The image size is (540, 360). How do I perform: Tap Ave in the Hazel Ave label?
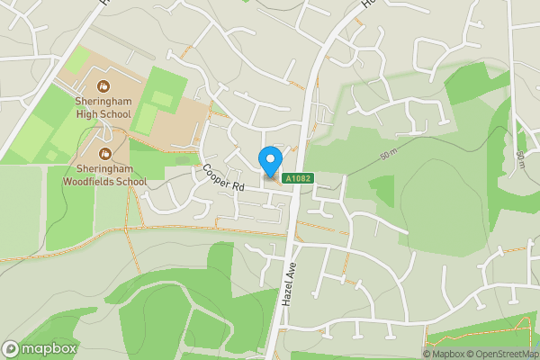(291, 265)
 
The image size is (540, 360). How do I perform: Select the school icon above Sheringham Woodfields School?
(105, 154)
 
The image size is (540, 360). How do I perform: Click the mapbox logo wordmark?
(40, 348)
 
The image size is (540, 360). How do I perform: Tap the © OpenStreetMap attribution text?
(508, 354)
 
